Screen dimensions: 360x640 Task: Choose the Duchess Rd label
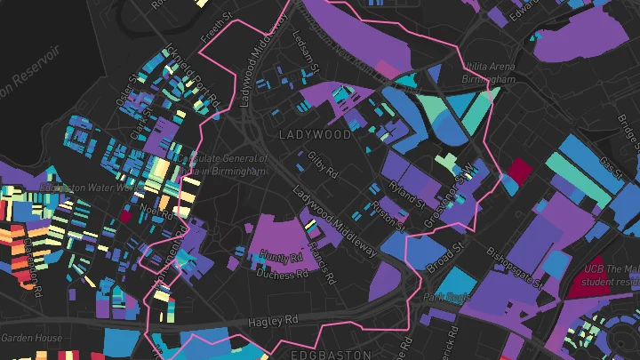(282, 274)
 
